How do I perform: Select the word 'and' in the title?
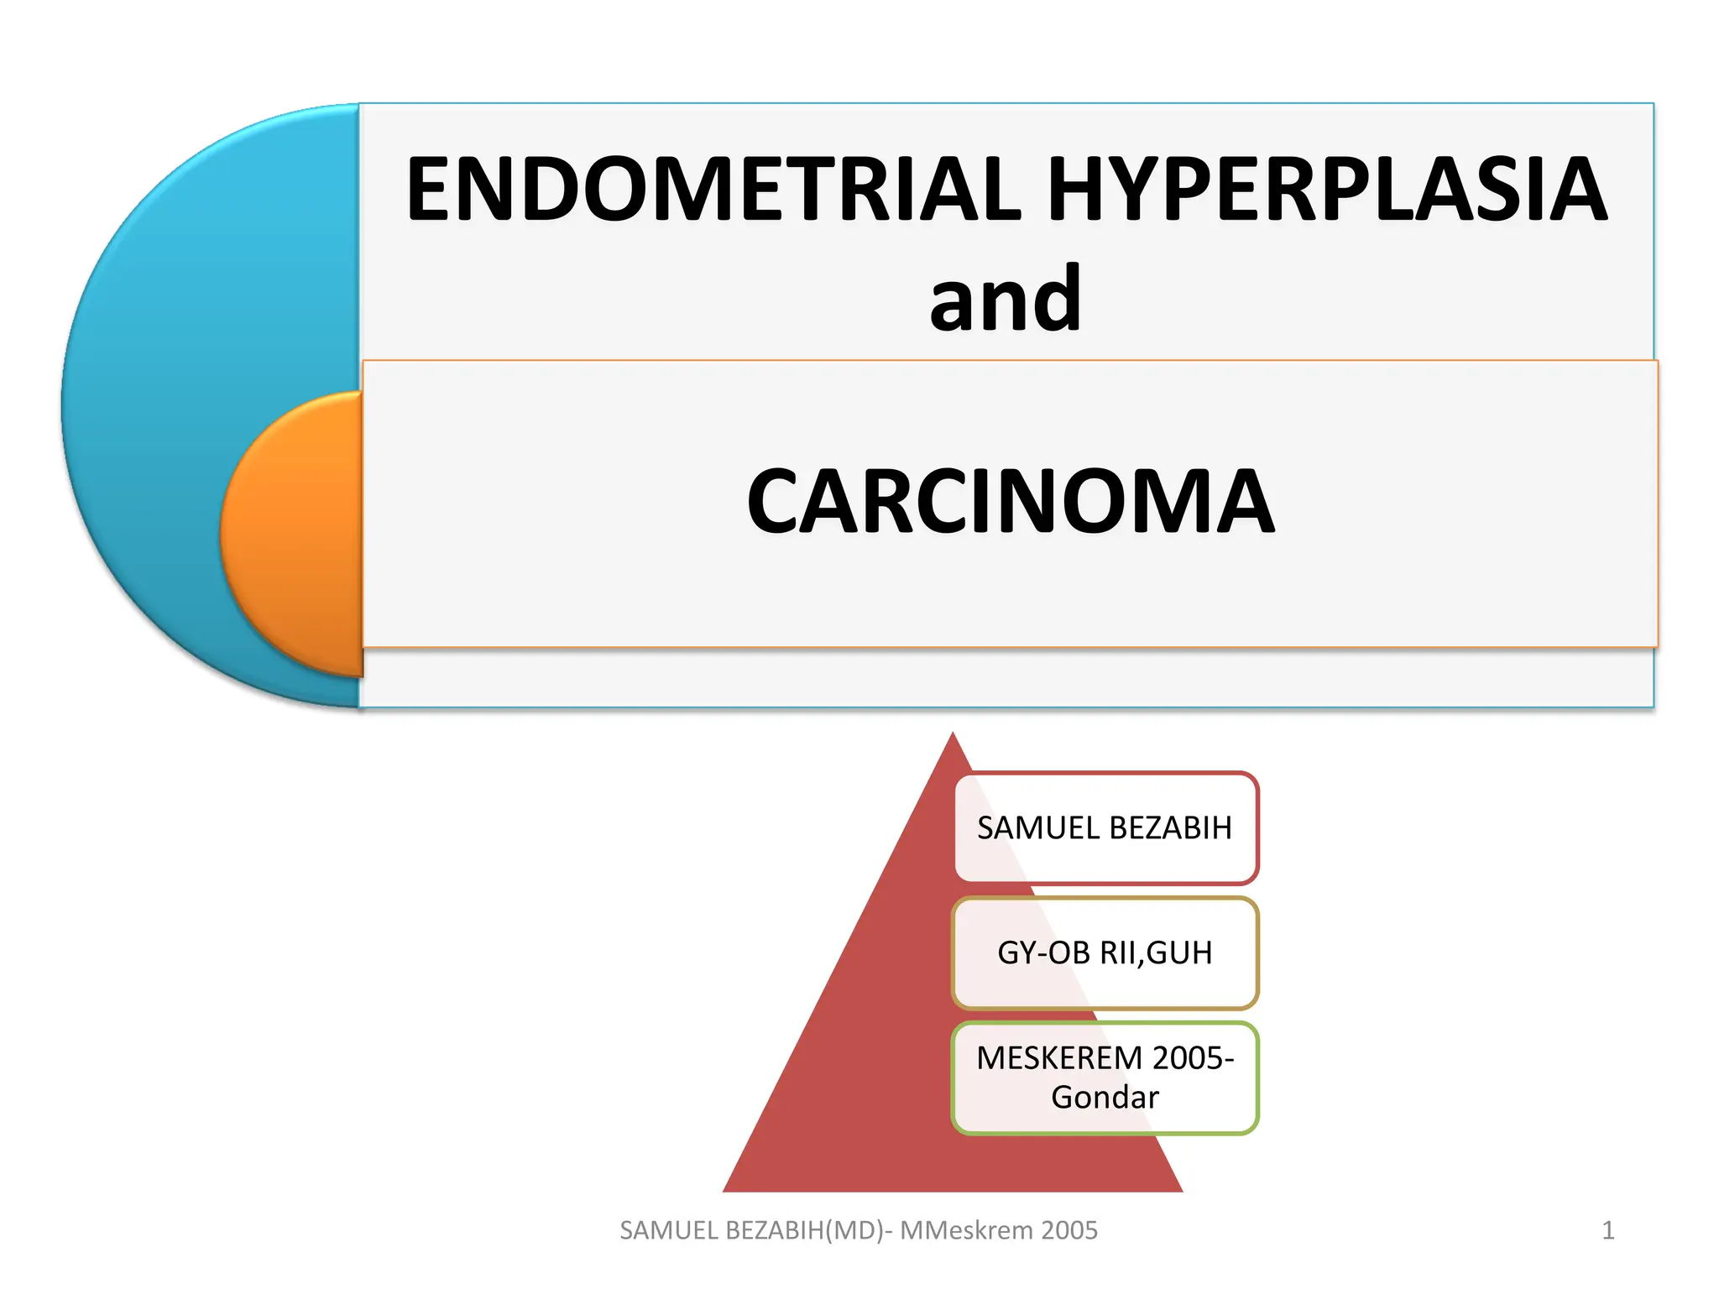(1006, 300)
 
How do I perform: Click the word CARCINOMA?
(1011, 501)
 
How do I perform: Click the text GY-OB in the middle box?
(1044, 953)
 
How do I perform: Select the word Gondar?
(1105, 1098)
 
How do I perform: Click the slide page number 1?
(1607, 1230)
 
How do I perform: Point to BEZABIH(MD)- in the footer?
(809, 1230)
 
